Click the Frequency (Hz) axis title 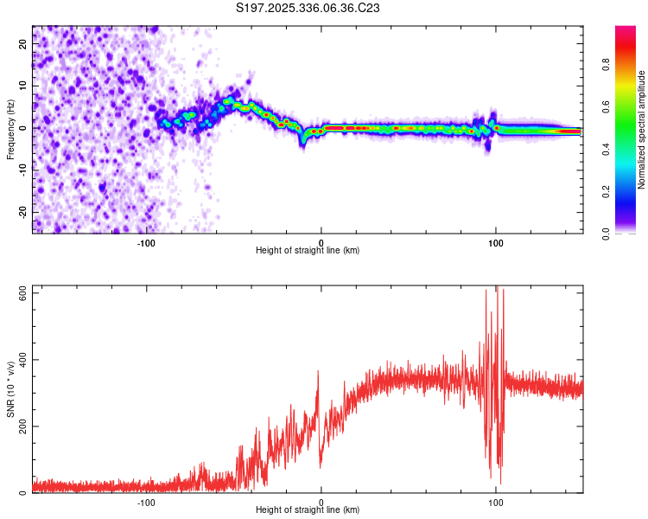pos(11,129)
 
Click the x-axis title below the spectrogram pos(308,251)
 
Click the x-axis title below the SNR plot pos(308,510)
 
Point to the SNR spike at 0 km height pos(318,372)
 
